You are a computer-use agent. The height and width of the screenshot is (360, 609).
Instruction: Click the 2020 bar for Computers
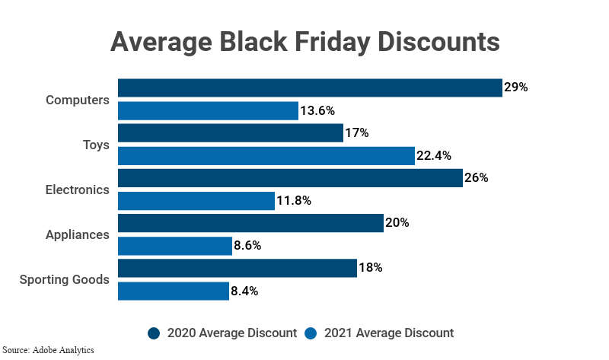click(x=310, y=88)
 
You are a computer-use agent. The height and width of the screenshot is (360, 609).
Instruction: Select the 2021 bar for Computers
click(x=208, y=110)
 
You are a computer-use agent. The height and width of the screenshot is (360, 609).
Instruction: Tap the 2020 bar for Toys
click(x=231, y=133)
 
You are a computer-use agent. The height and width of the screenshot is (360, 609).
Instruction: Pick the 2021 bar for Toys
click(x=266, y=156)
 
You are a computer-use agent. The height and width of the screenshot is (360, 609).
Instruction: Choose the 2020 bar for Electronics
click(x=290, y=178)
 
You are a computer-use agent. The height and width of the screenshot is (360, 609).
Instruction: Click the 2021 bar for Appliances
click(x=175, y=246)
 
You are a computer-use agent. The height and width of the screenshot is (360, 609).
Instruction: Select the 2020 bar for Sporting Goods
click(x=238, y=268)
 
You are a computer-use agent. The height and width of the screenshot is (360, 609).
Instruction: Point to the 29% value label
click(x=515, y=88)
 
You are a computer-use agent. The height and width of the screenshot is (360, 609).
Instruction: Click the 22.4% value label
click(x=434, y=156)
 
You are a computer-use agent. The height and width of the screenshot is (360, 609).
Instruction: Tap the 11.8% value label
click(x=294, y=201)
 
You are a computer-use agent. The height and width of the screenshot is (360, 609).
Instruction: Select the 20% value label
click(x=397, y=223)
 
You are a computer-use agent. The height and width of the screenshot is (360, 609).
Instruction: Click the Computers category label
click(x=78, y=100)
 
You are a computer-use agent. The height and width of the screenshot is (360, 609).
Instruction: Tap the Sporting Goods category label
click(x=65, y=279)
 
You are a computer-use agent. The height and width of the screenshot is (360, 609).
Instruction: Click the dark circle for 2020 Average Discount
click(x=155, y=333)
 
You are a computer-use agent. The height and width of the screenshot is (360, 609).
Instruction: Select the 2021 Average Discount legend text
click(x=388, y=333)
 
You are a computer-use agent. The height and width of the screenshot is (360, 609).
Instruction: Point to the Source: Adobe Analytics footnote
click(x=47, y=351)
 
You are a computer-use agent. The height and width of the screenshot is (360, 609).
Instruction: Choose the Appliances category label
click(x=77, y=234)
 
